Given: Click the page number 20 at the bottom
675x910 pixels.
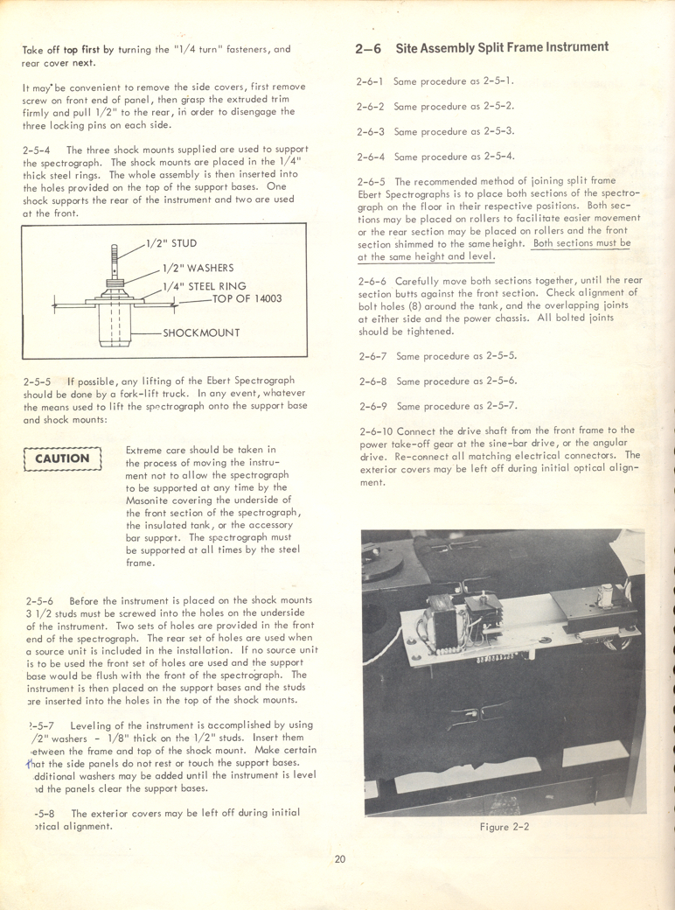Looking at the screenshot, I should [x=339, y=858].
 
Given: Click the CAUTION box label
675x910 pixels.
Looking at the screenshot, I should [x=62, y=458].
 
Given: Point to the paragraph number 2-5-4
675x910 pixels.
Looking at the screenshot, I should [x=40, y=150].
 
